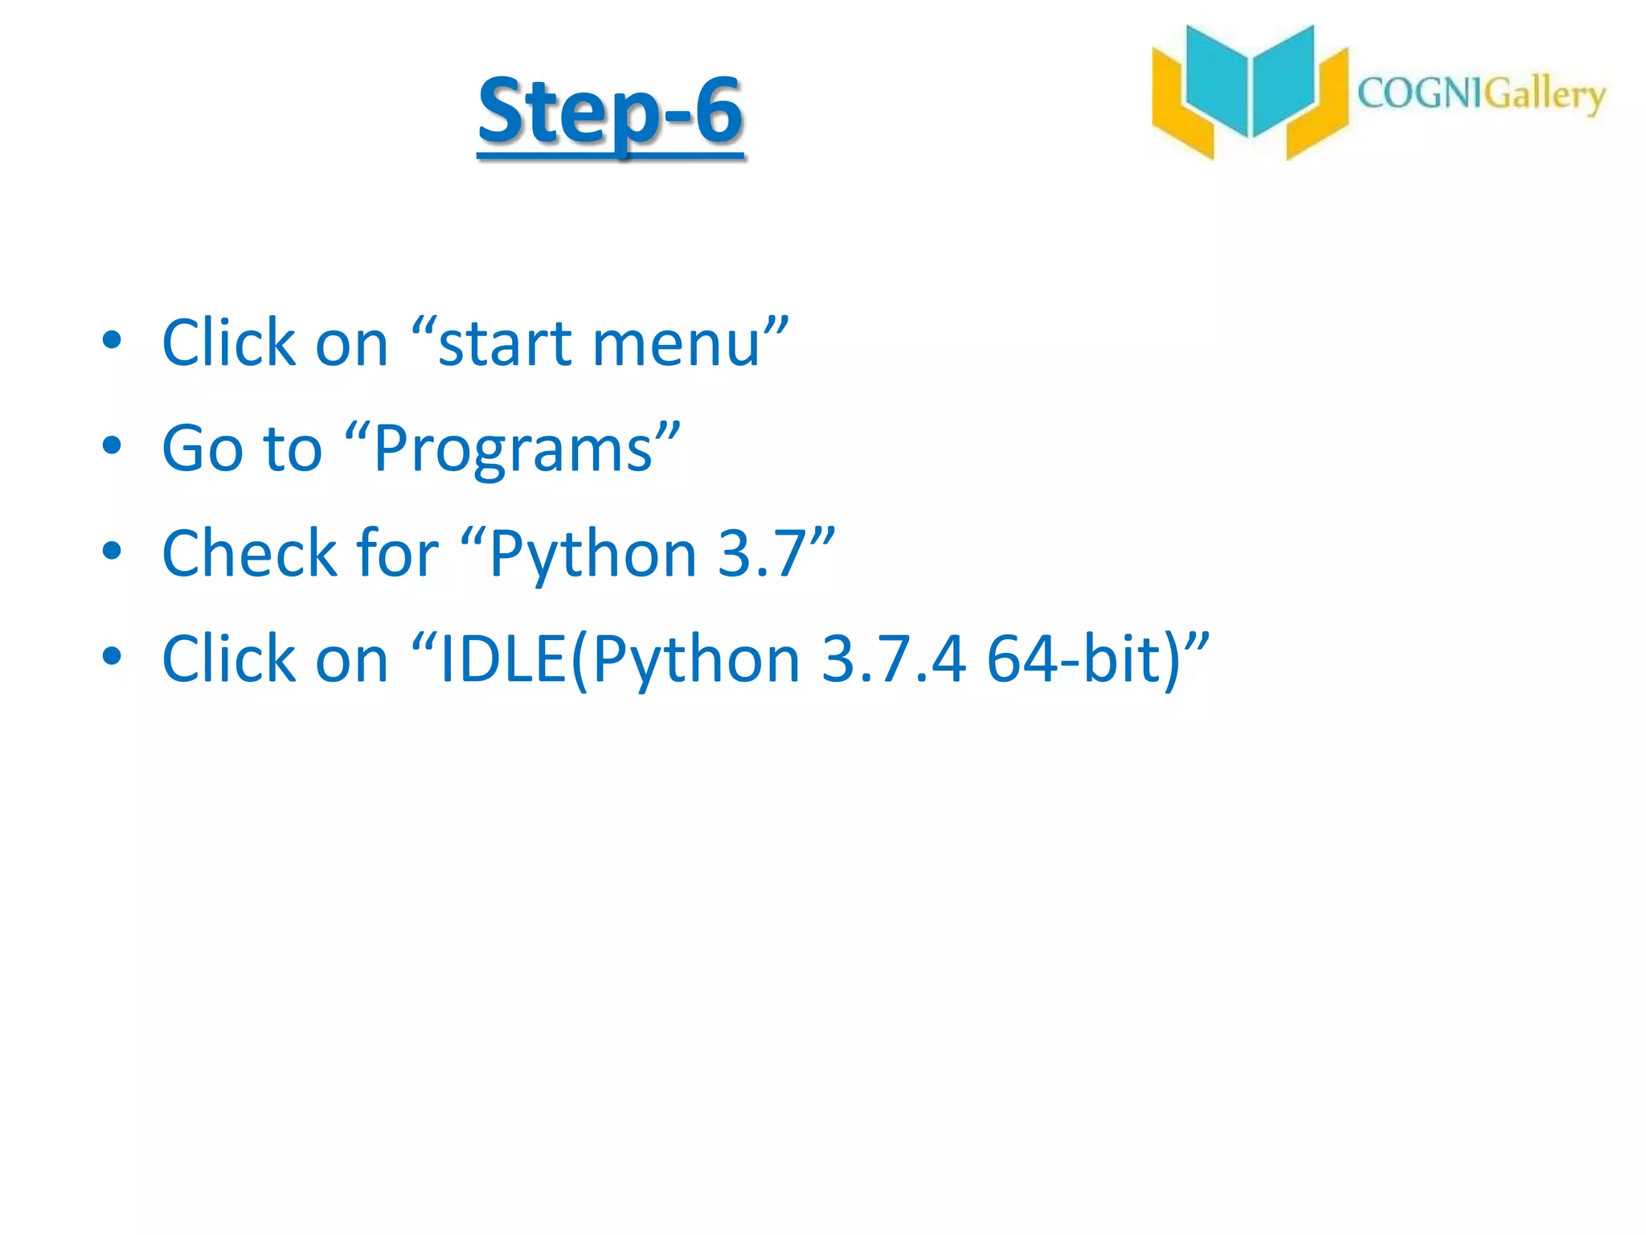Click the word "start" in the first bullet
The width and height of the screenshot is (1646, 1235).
point(505,343)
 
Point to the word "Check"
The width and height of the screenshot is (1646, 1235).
point(249,554)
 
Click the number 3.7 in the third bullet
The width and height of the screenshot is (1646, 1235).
point(760,554)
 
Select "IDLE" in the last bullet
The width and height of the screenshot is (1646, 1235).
point(503,659)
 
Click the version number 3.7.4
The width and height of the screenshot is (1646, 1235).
point(893,659)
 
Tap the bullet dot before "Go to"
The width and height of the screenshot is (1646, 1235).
point(112,445)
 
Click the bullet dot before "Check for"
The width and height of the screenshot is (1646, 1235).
point(112,551)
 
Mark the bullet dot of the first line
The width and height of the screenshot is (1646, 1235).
point(112,340)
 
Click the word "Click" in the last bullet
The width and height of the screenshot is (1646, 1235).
point(229,659)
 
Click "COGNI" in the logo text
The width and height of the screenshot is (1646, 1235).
point(1419,94)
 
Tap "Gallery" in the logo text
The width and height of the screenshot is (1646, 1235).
point(1543,96)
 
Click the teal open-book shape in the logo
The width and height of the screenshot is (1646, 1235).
point(1250,80)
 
